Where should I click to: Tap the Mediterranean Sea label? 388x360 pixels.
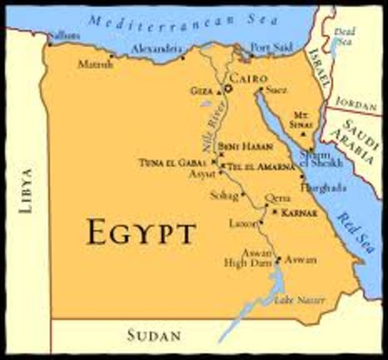tap(180, 20)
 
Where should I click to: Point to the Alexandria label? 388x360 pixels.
tap(158, 49)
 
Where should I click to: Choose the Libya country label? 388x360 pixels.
tap(28, 192)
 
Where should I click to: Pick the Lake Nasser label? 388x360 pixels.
tap(300, 300)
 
